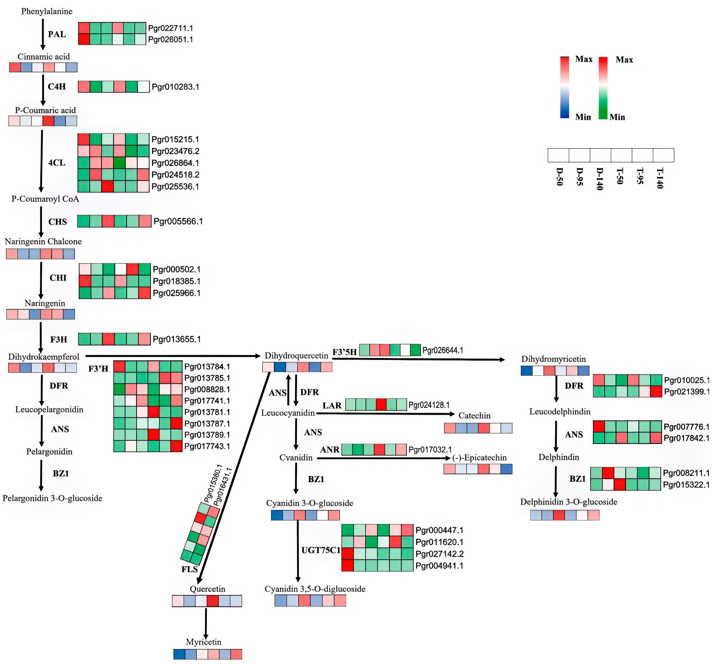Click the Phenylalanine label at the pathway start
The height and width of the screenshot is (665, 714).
pyautogui.click(x=47, y=12)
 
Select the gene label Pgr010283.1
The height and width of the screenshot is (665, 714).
pyautogui.click(x=175, y=87)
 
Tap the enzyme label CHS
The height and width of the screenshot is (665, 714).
pyautogui.click(x=57, y=222)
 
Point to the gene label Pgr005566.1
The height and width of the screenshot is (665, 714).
pyautogui.click(x=178, y=221)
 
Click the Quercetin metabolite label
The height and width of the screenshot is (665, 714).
pyautogui.click(x=208, y=589)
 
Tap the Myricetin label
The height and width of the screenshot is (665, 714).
pyautogui.click(x=204, y=642)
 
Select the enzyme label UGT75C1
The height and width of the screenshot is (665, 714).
pyautogui.click(x=321, y=550)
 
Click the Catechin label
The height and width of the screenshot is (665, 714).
pyautogui.click(x=474, y=416)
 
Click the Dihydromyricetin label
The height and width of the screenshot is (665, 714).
pyautogui.click(x=553, y=359)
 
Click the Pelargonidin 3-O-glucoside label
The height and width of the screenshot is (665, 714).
pyautogui.click(x=52, y=498)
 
